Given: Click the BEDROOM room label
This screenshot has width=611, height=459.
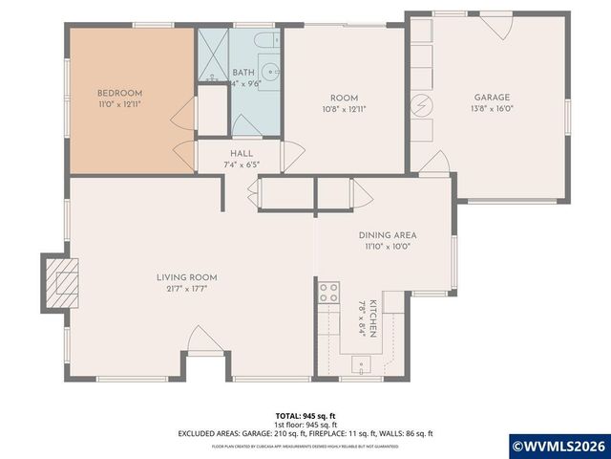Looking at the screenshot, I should point(119,94).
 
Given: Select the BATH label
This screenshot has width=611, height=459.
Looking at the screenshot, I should point(243,72).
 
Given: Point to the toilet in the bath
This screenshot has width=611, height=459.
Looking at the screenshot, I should point(267,40).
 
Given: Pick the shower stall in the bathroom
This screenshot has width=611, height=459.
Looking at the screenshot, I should point(213,55).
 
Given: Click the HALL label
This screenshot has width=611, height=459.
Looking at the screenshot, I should point(241,153).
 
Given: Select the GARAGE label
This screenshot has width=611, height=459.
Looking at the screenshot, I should point(493,97).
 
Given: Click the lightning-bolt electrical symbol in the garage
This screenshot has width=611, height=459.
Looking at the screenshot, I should point(421,104).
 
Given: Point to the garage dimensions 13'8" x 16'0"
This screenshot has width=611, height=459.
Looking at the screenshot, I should point(493,109).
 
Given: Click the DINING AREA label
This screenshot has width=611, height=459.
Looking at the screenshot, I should point(387,234).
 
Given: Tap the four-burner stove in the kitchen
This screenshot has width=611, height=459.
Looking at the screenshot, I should point(329,292).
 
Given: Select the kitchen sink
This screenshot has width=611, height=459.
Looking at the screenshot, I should point(362,362).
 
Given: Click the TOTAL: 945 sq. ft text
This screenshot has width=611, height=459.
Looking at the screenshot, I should point(305,416).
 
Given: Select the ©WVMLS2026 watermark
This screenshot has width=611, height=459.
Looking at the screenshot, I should point(559,445).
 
